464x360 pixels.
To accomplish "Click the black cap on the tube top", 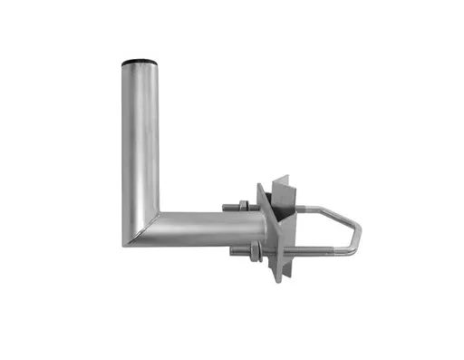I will coord(140,62).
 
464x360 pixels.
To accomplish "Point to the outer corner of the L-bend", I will coord(124,244).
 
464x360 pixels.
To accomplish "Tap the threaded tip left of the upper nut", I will coord(229,206).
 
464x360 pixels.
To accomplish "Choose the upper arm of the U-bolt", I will coord(317,209).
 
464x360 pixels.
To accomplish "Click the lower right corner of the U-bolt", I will coord(352,257).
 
